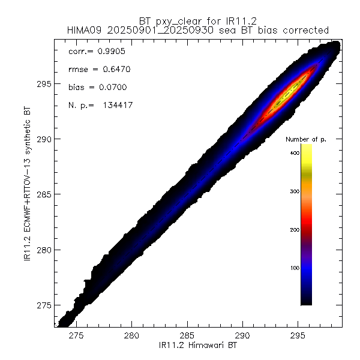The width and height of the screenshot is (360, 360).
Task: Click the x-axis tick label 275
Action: pos(77,335)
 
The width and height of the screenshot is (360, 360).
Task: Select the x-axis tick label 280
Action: pos(132,335)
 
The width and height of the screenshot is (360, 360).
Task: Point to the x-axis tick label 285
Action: pos(187,335)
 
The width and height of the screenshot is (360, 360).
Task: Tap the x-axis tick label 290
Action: pos(242,335)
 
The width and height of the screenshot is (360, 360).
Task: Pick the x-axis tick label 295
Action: pos(298,335)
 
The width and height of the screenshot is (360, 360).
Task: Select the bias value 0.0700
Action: pos(110,88)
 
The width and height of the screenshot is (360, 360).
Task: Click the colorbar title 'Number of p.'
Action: pos(306,139)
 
